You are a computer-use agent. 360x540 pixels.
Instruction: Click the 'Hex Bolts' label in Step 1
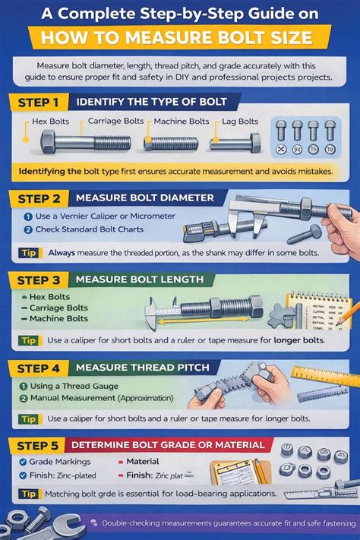pos(54,122)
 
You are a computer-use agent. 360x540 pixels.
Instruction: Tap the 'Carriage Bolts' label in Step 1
pos(115,121)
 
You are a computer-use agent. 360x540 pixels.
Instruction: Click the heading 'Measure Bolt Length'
pos(140,279)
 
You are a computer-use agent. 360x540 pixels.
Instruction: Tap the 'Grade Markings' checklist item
pos(59,462)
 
